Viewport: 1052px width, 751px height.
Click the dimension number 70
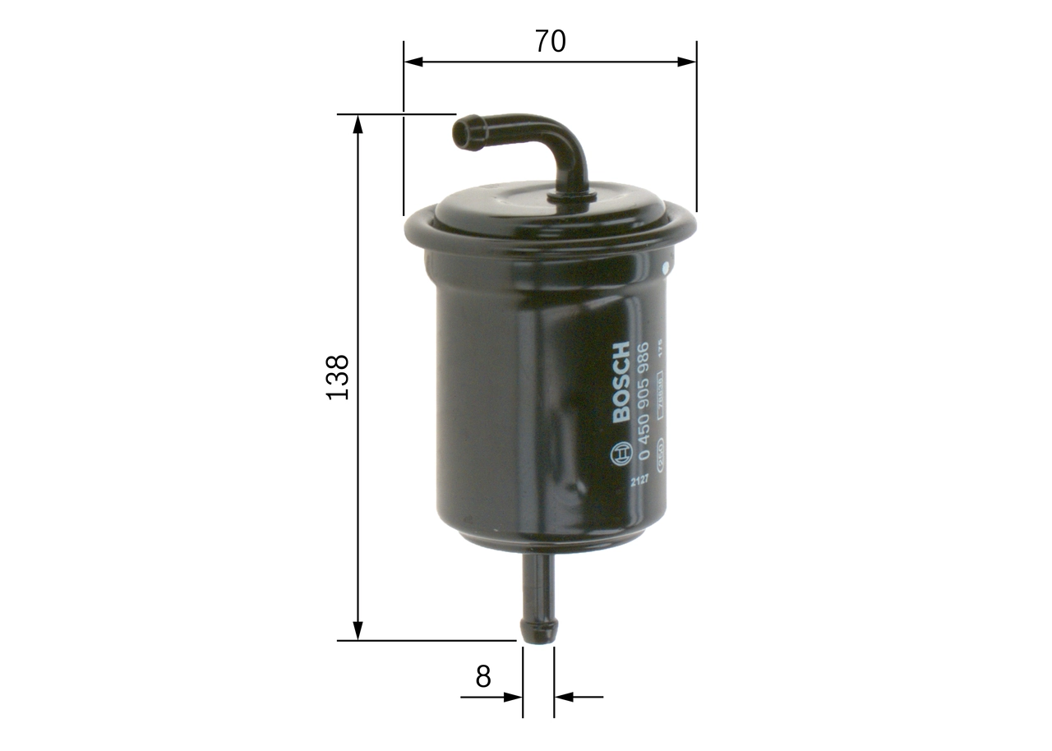coord(550,41)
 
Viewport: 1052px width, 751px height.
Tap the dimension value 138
coord(338,377)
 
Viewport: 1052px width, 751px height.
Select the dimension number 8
coord(483,676)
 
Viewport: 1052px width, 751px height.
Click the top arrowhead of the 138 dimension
coord(358,124)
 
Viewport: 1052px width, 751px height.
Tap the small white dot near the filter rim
coord(666,269)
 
